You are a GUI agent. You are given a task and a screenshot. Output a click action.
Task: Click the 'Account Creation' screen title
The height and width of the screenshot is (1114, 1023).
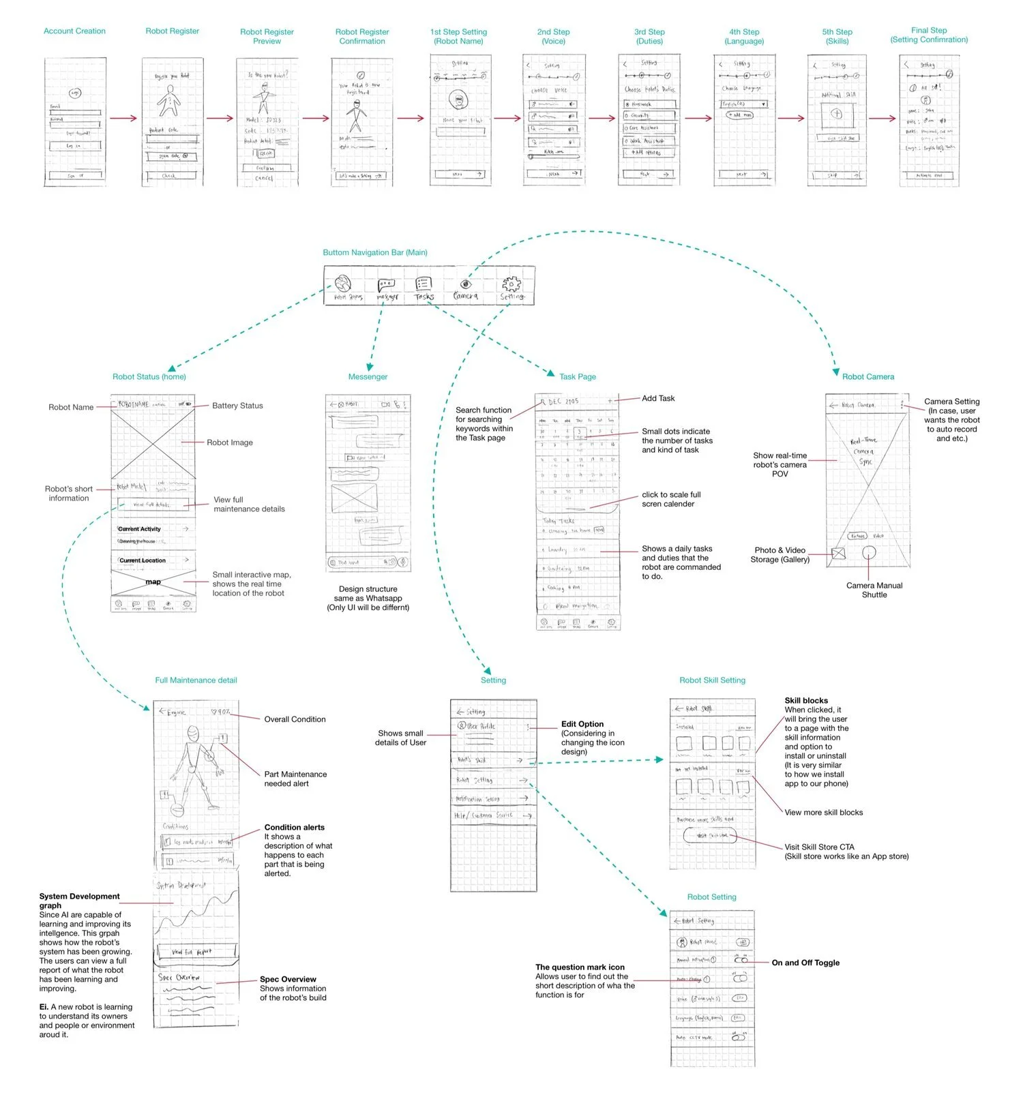tap(74, 31)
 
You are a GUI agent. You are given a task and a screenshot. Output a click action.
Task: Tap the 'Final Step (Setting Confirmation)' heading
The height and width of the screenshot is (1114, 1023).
tap(929, 35)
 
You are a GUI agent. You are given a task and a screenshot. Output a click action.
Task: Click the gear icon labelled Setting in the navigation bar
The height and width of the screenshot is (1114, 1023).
tap(511, 284)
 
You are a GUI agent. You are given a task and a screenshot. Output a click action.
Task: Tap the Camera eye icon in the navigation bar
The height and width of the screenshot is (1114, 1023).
tap(465, 284)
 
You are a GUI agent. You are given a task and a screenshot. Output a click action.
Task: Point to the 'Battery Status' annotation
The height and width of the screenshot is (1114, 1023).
tap(237, 406)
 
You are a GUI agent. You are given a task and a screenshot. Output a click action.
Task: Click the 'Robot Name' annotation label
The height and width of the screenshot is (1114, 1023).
tap(71, 407)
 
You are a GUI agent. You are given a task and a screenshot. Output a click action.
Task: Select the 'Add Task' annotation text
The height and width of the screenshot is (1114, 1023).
tap(658, 398)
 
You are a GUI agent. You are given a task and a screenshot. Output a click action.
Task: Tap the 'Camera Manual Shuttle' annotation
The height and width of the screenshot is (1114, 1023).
tap(874, 590)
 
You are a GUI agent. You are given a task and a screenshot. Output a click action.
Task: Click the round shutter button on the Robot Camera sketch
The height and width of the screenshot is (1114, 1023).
tap(868, 553)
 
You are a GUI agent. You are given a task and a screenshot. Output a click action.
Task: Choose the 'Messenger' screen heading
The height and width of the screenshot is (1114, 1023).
tap(368, 376)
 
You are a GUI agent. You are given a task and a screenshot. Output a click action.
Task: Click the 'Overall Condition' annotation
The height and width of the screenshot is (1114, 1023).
tap(295, 719)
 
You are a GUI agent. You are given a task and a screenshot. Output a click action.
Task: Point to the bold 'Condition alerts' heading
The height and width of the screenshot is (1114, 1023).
tap(295, 827)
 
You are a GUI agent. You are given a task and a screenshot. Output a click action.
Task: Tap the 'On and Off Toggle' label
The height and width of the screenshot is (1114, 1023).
tap(805, 963)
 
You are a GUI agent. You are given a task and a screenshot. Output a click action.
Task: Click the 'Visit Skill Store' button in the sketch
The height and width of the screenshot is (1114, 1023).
tap(712, 835)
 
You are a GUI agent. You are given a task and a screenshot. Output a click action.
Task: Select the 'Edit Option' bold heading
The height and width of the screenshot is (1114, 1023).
tap(582, 724)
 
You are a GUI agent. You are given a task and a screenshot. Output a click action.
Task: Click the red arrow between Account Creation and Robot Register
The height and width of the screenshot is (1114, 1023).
tap(123, 119)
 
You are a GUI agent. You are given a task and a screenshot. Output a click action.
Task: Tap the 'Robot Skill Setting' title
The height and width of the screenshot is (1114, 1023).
tap(712, 680)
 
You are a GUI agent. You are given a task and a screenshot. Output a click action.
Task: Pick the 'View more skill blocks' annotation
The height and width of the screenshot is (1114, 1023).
tap(823, 813)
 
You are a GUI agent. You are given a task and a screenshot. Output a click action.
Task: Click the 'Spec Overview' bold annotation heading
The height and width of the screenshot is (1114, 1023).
tap(288, 979)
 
